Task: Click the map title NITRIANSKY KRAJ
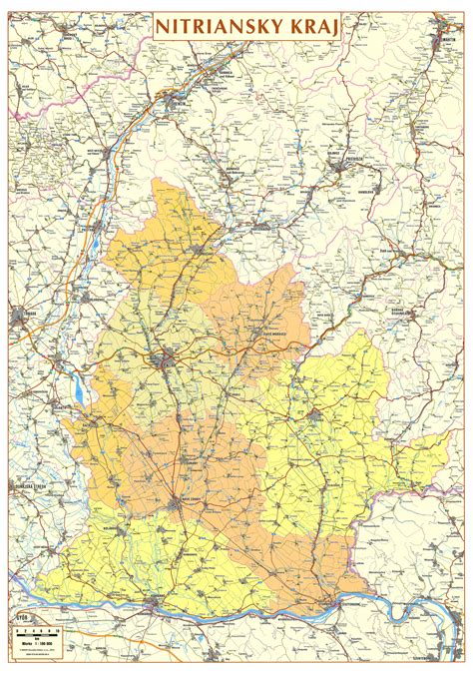coord(245,29)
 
